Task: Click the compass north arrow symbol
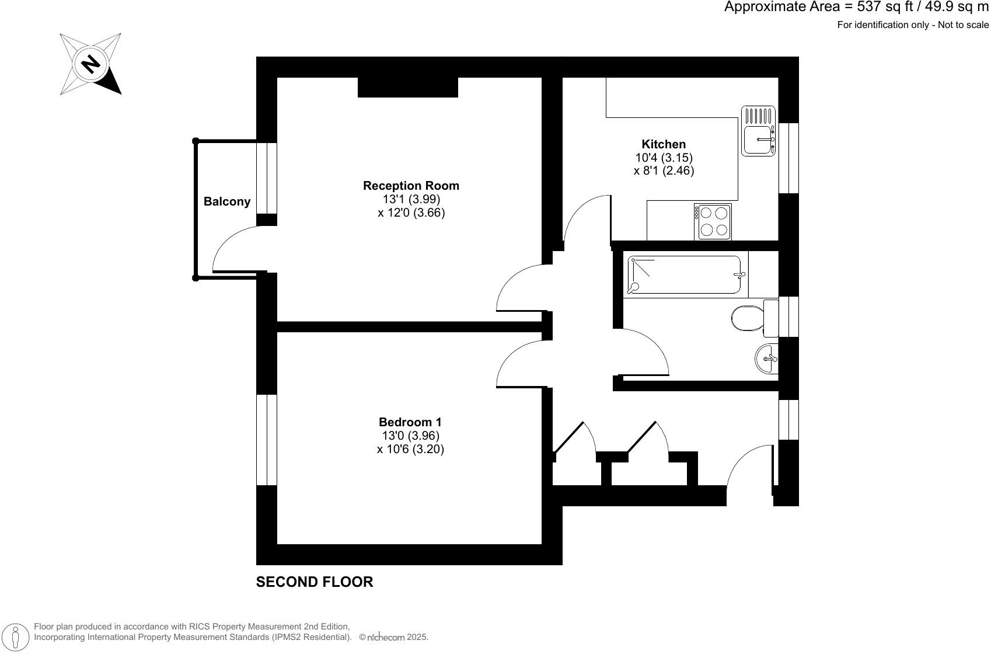tap(90, 64)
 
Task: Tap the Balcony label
tap(227, 201)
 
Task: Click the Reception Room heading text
tap(411, 186)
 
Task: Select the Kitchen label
tap(664, 144)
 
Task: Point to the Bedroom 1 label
tap(410, 422)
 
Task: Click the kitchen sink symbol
tap(758, 131)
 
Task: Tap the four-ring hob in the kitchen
tap(713, 221)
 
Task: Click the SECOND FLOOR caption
tap(315, 582)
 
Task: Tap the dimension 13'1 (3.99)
tap(411, 199)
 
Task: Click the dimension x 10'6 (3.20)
tap(410, 449)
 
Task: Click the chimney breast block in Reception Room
tap(407, 87)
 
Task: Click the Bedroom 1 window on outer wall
tap(267, 440)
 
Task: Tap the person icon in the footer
tap(17, 636)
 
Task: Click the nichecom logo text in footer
tap(386, 638)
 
